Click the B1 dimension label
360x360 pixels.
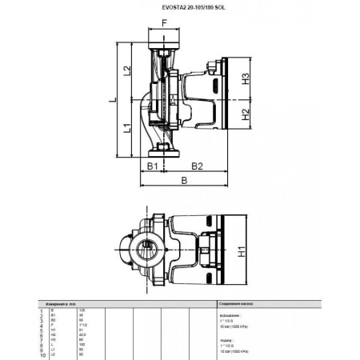click(x=149, y=166)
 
